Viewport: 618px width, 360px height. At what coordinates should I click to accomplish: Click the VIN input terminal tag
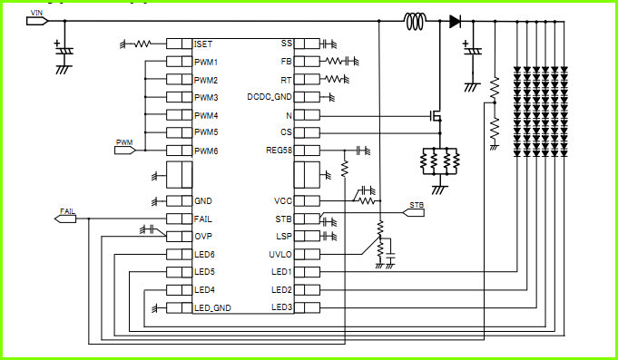tap(37, 21)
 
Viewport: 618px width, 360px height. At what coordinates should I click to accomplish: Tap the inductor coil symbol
tap(416, 21)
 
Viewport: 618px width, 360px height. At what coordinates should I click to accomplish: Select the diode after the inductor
tap(455, 21)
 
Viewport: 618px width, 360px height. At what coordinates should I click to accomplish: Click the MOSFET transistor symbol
tap(436, 116)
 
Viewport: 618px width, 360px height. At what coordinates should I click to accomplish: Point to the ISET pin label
tap(203, 44)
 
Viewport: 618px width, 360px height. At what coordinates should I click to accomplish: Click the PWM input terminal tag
tap(125, 150)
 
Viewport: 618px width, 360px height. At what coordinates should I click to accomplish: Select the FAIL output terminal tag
tap(65, 219)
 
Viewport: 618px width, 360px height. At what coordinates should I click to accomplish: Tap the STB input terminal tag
tap(413, 213)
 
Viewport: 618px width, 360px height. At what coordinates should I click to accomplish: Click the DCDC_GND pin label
tap(270, 97)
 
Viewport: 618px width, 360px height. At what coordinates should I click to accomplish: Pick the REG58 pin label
tap(279, 151)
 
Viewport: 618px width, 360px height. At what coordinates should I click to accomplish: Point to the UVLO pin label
tap(280, 255)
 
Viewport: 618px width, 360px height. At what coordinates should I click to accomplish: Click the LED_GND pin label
tap(212, 308)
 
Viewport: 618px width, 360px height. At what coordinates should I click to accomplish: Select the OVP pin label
tap(203, 237)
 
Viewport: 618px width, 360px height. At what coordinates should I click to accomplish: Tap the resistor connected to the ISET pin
tap(142, 44)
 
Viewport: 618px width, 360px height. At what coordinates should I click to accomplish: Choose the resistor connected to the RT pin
tap(334, 79)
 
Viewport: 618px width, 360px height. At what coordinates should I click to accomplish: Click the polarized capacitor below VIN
tap(64, 51)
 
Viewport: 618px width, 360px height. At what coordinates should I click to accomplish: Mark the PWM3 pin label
tap(206, 97)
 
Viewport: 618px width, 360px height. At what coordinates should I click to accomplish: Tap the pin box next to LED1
tap(307, 272)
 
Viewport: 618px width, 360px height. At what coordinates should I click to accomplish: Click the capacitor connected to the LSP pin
tap(327, 237)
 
